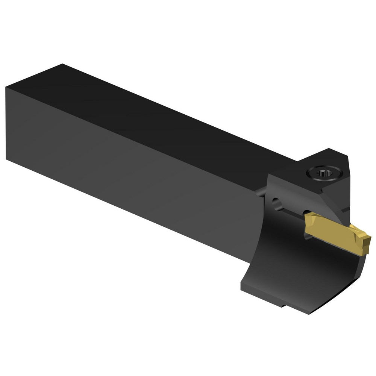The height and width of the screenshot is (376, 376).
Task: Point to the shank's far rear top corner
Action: [x=62, y=64]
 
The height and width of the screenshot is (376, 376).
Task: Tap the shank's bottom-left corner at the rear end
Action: [x=7, y=159]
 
